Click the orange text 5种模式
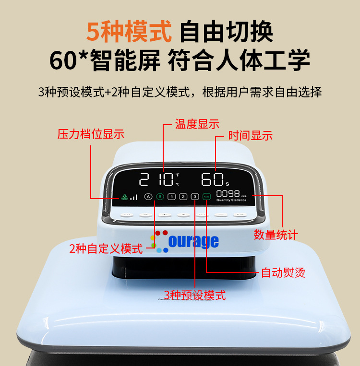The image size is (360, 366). [129, 32]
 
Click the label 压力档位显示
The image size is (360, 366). [91, 134]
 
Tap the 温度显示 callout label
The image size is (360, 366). [197, 124]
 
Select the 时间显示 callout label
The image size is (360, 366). [250, 136]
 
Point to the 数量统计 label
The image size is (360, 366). [276, 235]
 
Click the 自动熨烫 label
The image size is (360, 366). [283, 273]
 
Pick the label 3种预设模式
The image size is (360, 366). [194, 295]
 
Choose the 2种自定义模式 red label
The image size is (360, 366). [106, 248]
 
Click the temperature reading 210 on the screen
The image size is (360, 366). [156, 180]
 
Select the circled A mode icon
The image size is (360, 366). [148, 197]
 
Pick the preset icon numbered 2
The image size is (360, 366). [183, 197]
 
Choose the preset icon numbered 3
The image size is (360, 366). [194, 197]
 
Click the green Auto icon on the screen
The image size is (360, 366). [206, 197]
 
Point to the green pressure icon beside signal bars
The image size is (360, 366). [124, 197]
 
